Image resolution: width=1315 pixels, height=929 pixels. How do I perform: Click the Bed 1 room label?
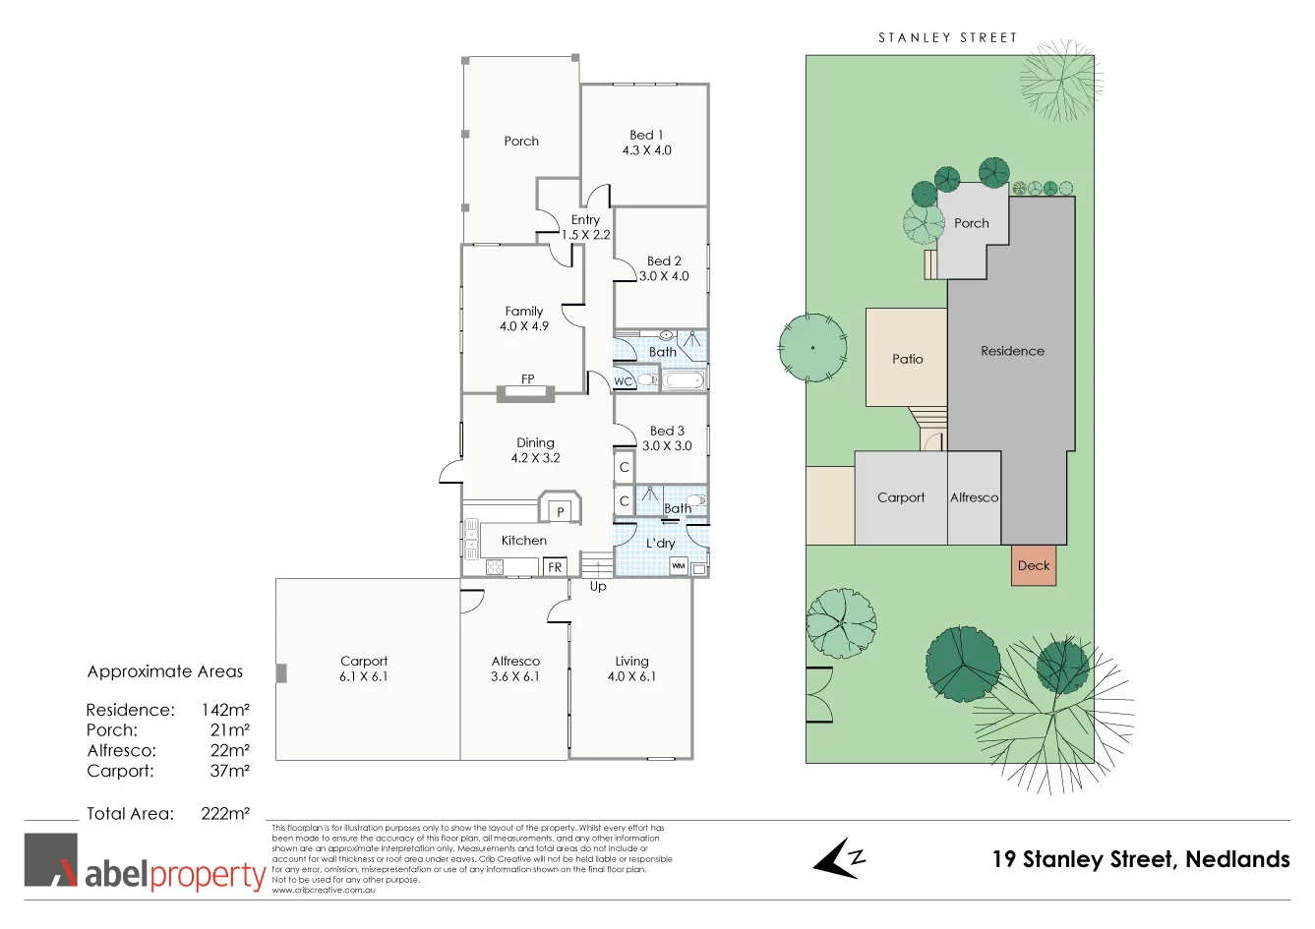click(x=646, y=136)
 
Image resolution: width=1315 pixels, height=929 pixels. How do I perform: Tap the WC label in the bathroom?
click(x=623, y=381)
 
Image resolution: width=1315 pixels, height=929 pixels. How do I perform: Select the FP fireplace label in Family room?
click(x=528, y=379)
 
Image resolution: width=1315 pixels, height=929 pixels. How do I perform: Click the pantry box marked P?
click(x=561, y=511)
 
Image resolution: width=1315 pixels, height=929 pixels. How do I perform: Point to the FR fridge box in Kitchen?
click(x=555, y=567)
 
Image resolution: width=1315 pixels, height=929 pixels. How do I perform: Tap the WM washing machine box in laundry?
click(x=678, y=566)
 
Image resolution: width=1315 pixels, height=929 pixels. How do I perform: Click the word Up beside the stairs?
click(x=598, y=587)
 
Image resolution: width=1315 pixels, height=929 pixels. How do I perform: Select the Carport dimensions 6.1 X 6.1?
click(x=364, y=677)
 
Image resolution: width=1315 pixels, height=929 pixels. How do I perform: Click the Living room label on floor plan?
click(x=631, y=662)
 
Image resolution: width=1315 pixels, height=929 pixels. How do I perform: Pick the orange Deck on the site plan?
click(x=1034, y=565)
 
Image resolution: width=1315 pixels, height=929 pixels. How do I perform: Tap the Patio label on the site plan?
click(x=907, y=359)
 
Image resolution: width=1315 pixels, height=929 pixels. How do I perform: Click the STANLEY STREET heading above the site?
click(x=947, y=37)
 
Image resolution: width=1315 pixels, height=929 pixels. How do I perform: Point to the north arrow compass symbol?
click(x=838, y=858)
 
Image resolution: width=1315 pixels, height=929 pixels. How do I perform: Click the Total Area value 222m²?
click(x=225, y=813)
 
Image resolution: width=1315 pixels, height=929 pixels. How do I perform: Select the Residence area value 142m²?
click(x=225, y=710)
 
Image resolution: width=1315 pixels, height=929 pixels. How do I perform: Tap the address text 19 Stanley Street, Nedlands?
click(x=1141, y=859)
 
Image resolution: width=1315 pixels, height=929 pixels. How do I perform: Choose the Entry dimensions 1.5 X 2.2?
click(x=586, y=235)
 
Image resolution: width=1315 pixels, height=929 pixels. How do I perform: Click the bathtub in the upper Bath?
click(x=683, y=380)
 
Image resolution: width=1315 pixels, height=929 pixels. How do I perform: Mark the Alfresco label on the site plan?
click(x=974, y=497)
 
